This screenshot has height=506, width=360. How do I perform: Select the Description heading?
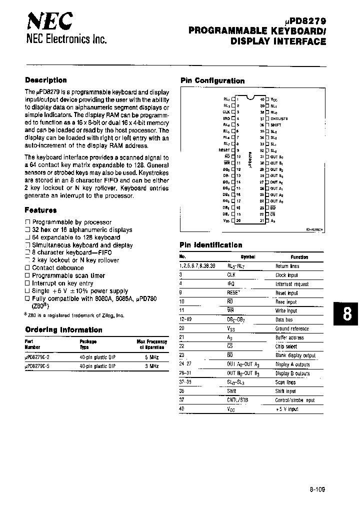pos(45,80)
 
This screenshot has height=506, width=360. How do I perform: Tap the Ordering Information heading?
pos(63,330)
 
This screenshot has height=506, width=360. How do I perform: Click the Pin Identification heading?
pos(210,245)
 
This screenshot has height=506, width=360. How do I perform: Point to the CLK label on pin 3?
pos(226,112)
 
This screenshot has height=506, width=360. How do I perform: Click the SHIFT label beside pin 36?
pos(276,125)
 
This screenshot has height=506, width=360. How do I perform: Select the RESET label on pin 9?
pos(224,150)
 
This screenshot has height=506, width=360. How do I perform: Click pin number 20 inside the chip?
pos(238,220)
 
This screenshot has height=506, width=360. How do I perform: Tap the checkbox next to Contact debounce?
pos(27,268)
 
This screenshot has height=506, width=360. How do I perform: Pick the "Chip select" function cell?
pos(286,346)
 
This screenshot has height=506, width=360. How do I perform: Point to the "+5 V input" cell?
pos(286,409)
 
